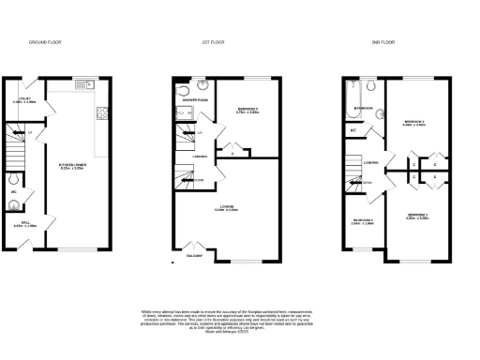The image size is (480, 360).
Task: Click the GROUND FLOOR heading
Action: click(x=45, y=42)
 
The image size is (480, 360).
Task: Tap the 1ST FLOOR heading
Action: click(x=213, y=42)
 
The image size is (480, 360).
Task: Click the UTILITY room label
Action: click(x=25, y=100)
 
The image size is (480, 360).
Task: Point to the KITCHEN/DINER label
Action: click(x=72, y=167)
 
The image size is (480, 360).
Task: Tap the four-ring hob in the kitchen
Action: click(x=100, y=115)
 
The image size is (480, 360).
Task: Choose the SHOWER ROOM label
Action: click(x=196, y=99)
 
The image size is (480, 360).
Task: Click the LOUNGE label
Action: click(x=226, y=207)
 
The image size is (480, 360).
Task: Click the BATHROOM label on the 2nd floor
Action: click(x=365, y=109)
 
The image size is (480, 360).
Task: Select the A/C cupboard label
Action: click(x=352, y=129)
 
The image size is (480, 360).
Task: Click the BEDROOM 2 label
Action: click(x=414, y=122)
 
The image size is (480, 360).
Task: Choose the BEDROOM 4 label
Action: click(x=362, y=222)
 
